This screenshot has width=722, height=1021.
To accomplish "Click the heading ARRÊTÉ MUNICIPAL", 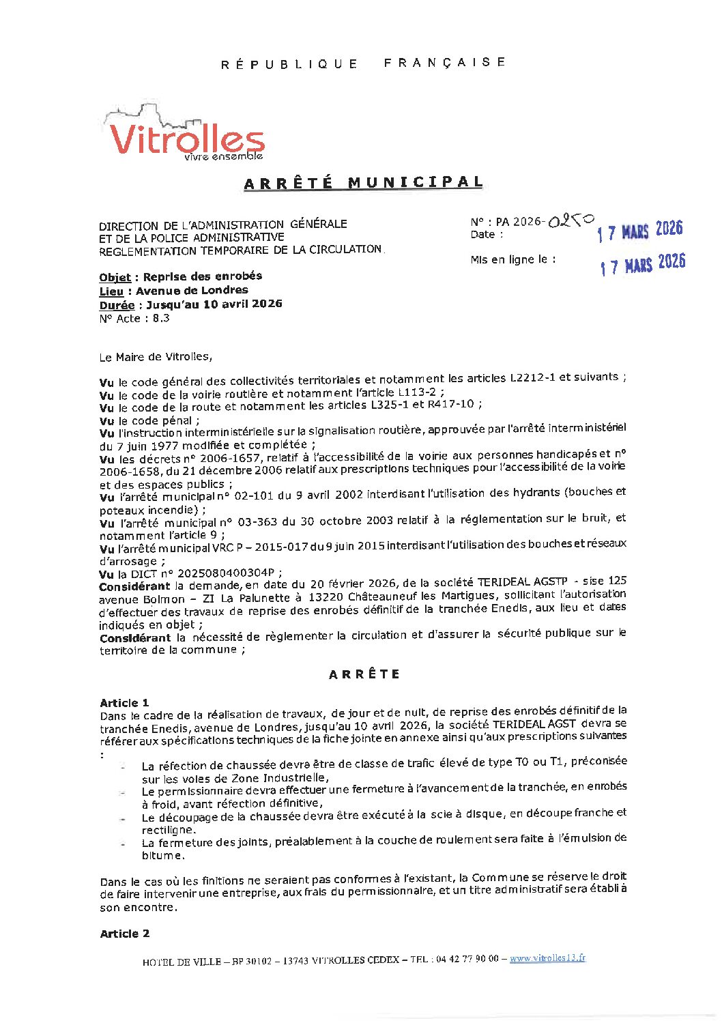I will (364, 183).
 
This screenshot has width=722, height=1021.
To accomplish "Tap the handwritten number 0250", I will (571, 220).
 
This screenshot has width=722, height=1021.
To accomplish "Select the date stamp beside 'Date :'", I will (639, 231).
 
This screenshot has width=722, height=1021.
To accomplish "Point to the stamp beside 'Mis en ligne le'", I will (642, 263).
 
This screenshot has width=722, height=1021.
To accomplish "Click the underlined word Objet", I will (115, 277).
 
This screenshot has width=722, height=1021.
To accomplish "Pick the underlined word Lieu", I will (111, 291).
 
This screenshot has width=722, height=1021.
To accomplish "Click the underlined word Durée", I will (117, 305).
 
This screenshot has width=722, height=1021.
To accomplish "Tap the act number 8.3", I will (161, 319).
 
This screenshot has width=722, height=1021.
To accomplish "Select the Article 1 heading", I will (124, 703).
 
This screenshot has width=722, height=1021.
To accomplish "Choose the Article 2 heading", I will (125, 934).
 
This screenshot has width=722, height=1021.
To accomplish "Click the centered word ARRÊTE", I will (364, 674).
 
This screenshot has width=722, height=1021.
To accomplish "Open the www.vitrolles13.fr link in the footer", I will (547, 958).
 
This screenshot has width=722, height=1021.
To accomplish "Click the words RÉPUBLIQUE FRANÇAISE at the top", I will (364, 63).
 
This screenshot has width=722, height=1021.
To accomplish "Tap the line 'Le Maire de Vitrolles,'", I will (156, 357).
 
